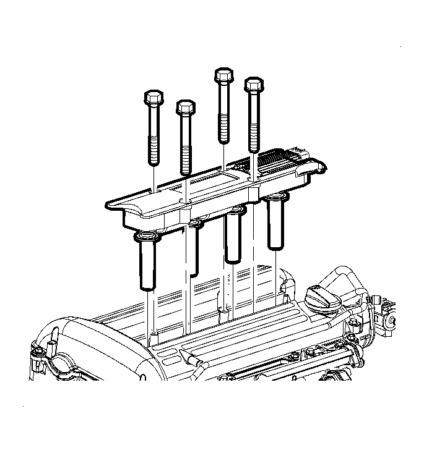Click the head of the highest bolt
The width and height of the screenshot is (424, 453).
pyautogui.click(x=223, y=77)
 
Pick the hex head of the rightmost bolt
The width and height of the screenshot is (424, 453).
pyautogui.click(x=254, y=85)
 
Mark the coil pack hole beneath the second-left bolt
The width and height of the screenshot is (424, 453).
pyautogui.click(x=185, y=201)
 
